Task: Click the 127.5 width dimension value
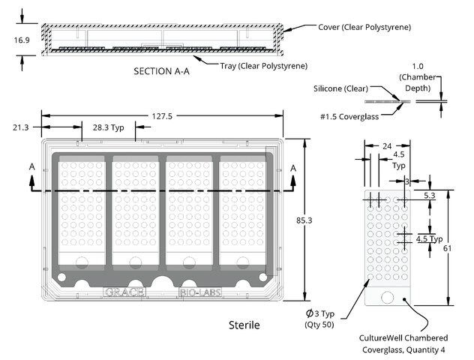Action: (162, 116)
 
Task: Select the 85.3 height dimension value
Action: (304, 220)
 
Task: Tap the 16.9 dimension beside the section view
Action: (22, 40)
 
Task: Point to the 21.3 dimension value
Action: (20, 127)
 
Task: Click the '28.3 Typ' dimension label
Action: (109, 127)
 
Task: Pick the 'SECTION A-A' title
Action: (162, 71)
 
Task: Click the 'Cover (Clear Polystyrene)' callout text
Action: (364, 27)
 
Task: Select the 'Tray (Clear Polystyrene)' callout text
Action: (264, 66)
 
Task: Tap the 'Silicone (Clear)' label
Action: (340, 88)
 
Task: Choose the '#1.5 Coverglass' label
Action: (349, 117)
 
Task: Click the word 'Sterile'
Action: (244, 325)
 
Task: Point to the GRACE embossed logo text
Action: (124, 292)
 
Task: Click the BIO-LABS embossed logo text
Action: (200, 292)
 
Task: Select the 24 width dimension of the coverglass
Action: (387, 146)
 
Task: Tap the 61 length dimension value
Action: (448, 248)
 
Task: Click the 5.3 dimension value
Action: (429, 196)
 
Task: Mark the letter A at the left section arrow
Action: (31, 166)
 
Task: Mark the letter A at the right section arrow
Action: (293, 168)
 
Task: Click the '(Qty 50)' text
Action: (319, 325)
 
